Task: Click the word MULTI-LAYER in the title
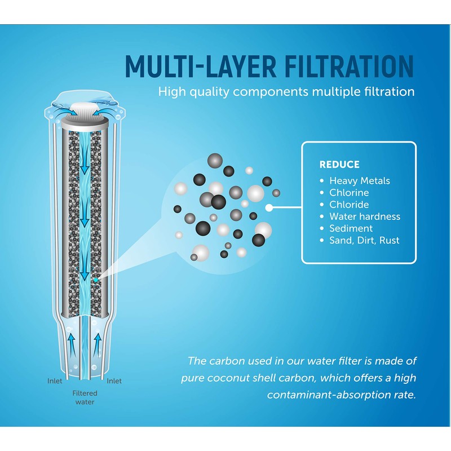(201, 66)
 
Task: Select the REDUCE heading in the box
(339, 165)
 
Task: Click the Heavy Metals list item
(360, 181)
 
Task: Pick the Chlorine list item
(349, 193)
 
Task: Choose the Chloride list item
(349, 205)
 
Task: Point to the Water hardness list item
(365, 216)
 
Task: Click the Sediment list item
(351, 228)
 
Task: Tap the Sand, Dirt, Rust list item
(364, 241)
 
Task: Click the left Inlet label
(55, 381)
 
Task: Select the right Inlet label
(114, 381)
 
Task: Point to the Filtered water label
(85, 397)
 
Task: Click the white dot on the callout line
(269, 207)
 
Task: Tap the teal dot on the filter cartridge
(95, 280)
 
